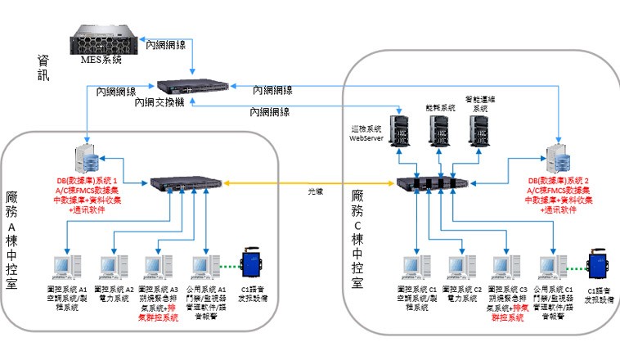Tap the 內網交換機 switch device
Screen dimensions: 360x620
pos(191,87)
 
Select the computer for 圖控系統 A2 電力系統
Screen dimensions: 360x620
pos(110,267)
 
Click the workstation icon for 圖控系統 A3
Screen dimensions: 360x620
pos(155,267)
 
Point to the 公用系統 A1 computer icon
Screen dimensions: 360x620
pos(201,267)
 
